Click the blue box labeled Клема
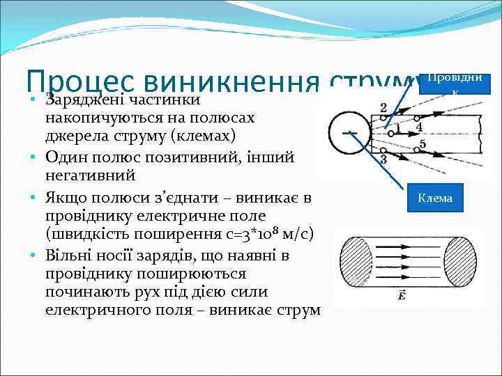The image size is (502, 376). pos(435,198)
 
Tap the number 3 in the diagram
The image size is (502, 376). pos(418,127)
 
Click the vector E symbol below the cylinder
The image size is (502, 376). pos(403,297)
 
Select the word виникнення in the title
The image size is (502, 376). pos(213,84)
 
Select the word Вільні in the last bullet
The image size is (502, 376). pos(68,256)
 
